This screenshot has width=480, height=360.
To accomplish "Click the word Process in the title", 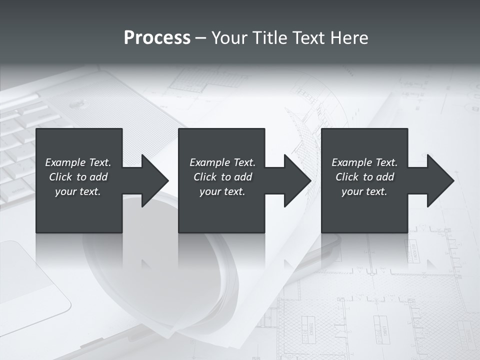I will [x=157, y=38].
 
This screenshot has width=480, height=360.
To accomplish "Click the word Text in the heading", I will [x=309, y=38].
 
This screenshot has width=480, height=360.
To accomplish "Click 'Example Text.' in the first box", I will [x=78, y=162].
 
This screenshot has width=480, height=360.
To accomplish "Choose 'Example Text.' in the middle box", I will [x=222, y=162].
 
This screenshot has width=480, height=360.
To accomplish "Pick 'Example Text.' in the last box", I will [x=364, y=162].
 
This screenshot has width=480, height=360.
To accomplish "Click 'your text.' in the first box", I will [x=78, y=191].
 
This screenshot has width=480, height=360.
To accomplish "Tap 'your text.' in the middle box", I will [x=222, y=191].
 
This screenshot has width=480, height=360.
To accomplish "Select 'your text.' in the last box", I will [x=364, y=191].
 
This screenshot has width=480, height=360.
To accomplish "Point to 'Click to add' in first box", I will [x=78, y=177].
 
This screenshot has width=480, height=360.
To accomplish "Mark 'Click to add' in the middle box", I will [x=222, y=177].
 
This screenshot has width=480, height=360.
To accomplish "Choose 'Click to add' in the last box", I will [x=364, y=177].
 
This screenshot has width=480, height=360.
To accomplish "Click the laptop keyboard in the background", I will [x=17, y=150].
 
